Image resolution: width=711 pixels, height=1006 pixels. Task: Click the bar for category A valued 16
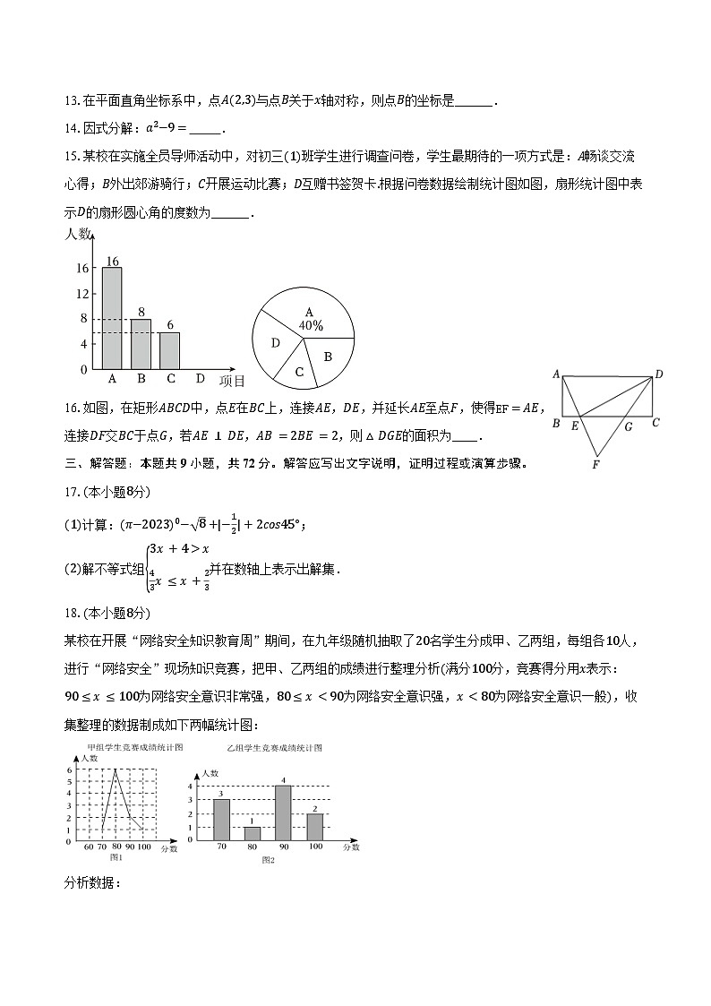112,318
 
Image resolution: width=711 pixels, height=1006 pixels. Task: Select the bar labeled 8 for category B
141,344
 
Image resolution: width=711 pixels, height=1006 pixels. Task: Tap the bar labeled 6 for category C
169,350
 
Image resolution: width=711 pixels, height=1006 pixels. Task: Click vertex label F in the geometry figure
595,465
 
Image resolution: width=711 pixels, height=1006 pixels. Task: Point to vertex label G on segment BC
628,426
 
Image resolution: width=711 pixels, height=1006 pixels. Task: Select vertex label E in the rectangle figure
575,426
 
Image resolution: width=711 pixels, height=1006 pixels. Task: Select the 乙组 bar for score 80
252,833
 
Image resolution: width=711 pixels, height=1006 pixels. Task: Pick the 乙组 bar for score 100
314,827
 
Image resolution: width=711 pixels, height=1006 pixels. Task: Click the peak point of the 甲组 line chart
115,770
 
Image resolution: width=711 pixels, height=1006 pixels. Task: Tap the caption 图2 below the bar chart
267,860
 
